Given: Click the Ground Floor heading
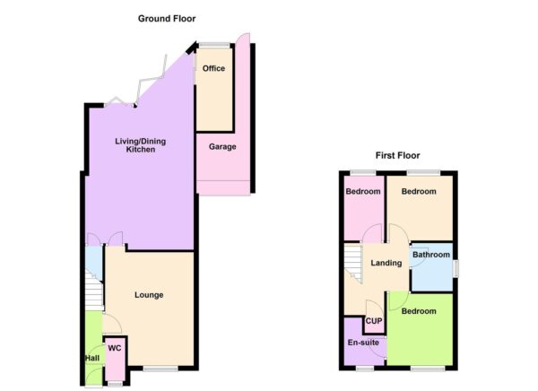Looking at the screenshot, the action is point(167,19).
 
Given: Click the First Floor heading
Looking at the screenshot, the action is point(397,155).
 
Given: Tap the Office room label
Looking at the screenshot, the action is point(213,68).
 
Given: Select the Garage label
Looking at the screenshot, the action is point(222,146).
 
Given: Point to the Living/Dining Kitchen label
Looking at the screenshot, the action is point(141,145).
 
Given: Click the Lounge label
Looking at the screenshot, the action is point(149,295).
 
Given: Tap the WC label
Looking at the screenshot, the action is point(115,348).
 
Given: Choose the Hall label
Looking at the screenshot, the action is point(92,358).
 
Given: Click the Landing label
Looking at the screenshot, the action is point(386,263).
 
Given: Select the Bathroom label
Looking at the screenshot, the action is point(431,255).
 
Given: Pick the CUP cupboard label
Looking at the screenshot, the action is point(374,321).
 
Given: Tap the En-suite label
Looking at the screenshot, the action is point(363,343).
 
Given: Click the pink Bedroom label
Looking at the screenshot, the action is point(363,191).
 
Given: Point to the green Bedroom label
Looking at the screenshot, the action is point(419,311).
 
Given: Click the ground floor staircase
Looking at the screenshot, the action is point(94,291).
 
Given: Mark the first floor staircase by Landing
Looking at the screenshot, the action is point(353,264).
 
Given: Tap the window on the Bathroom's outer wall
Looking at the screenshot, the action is point(456,268).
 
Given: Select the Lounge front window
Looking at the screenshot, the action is point(161,369).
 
